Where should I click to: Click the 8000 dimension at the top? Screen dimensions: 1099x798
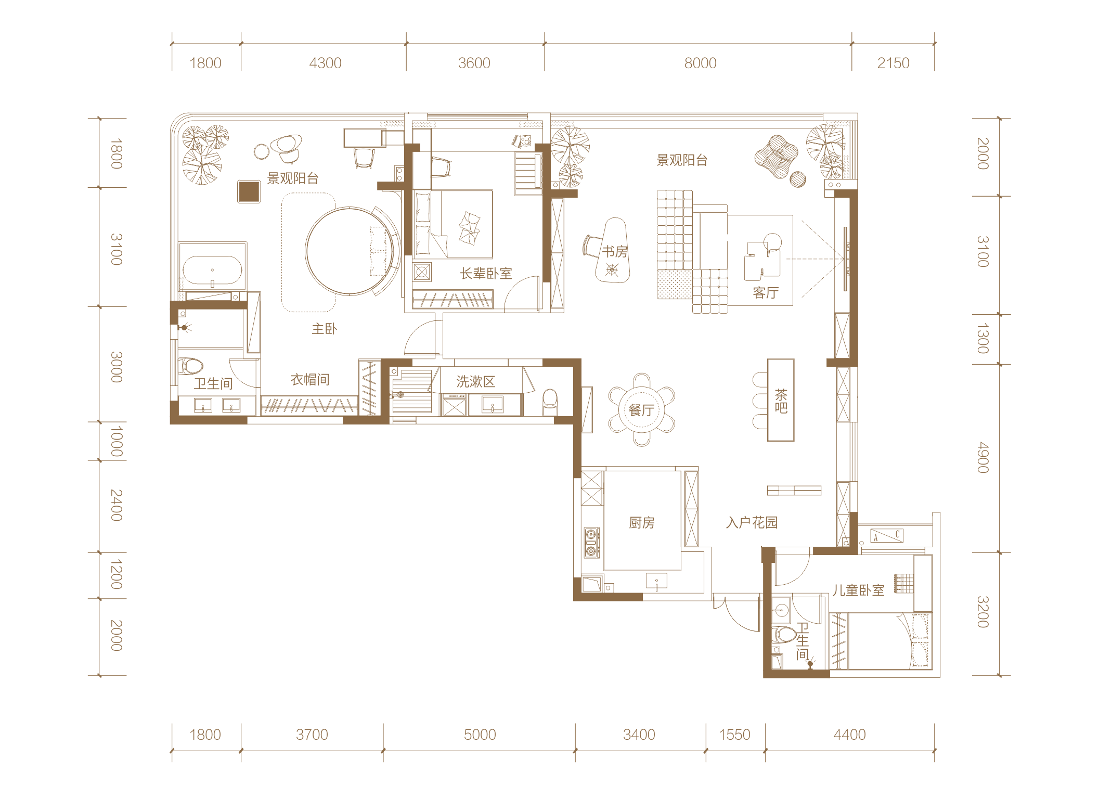[x=700, y=63]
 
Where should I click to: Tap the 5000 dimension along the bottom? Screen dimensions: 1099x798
[x=480, y=735]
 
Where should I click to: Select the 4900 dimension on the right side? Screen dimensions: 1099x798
[x=982, y=457]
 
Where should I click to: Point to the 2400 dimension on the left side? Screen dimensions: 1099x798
[x=117, y=505]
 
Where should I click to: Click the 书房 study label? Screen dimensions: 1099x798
[x=615, y=252]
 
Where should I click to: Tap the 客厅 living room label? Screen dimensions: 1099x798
[x=766, y=293]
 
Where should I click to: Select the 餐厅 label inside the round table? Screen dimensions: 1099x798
[x=641, y=410]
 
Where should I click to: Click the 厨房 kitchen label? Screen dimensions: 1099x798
[x=642, y=523]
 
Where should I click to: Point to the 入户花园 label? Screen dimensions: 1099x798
[x=752, y=523]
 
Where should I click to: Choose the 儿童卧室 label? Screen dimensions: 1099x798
[x=858, y=590]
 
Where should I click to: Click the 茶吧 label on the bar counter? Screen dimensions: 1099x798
[x=781, y=401]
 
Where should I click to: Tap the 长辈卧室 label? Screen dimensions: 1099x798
[x=486, y=274]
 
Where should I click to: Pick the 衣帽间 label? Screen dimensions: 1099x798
[x=310, y=380]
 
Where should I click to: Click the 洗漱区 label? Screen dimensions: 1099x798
[x=475, y=382]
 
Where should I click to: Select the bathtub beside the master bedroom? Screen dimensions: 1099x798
[x=212, y=270]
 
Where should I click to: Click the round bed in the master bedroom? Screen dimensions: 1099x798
[x=350, y=251]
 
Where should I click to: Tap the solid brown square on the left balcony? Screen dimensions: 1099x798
[x=249, y=191]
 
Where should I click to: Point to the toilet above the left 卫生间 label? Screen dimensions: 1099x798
[x=190, y=366]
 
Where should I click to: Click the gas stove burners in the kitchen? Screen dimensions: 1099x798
[x=591, y=542]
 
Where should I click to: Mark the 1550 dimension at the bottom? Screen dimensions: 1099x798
[x=734, y=735]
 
